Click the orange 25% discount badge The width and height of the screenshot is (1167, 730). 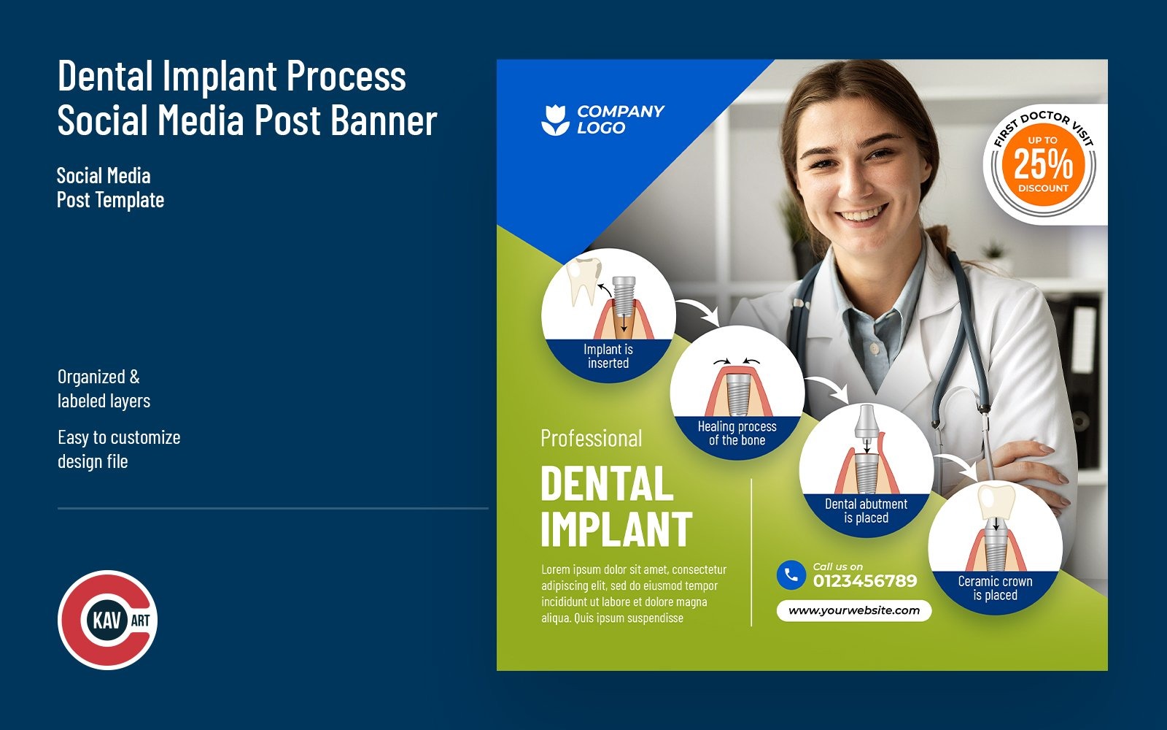(1042, 165)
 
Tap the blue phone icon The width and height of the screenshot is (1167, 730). (791, 575)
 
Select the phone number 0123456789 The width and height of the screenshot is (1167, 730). (865, 581)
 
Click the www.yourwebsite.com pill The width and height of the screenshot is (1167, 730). (854, 610)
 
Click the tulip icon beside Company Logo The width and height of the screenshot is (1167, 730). (555, 120)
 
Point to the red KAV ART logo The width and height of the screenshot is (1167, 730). (108, 620)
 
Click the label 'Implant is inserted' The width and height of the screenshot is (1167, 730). (608, 356)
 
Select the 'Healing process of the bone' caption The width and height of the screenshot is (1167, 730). (737, 433)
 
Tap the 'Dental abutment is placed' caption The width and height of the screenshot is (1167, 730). (866, 511)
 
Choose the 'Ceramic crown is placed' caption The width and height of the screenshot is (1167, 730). (995, 588)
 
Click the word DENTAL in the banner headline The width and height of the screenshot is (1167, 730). (607, 484)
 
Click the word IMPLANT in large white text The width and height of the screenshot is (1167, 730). (616, 529)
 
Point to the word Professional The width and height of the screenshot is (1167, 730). (592, 438)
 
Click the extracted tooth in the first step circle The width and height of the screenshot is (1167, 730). (583, 281)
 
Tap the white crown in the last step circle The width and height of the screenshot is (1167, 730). (996, 500)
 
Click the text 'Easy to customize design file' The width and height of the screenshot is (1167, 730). (119, 449)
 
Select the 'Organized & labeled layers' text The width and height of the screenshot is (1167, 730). (104, 388)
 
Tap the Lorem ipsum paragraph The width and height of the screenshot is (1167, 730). (634, 593)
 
